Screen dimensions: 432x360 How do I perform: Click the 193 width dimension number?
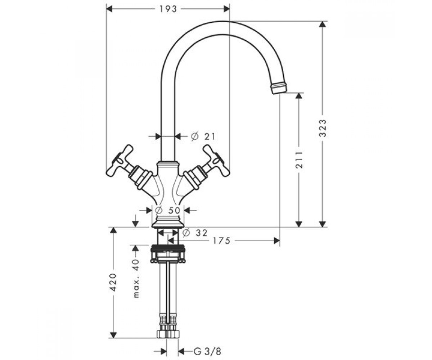point(168,9)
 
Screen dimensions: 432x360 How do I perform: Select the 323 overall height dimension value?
point(322,128)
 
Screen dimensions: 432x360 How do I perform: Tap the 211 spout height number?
point(299,160)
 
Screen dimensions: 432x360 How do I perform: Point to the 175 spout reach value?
point(221,241)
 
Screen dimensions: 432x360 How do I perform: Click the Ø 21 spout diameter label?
point(203,136)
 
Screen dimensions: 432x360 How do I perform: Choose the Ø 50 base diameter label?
point(168,210)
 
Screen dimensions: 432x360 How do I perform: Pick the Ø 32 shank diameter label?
point(195,233)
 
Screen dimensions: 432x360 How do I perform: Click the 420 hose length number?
point(113,282)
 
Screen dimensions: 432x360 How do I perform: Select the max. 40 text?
point(136,278)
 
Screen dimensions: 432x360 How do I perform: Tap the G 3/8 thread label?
point(207,351)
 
